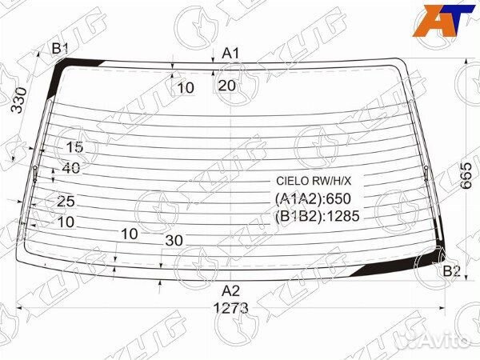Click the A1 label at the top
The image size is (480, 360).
(x=231, y=53)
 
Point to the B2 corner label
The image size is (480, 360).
(x=451, y=271)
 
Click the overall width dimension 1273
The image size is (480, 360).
(x=230, y=307)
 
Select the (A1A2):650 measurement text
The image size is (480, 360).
(x=314, y=198)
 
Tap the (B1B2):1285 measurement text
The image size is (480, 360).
(x=318, y=215)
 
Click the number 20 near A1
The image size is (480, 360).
(x=226, y=86)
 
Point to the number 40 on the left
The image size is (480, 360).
(x=70, y=168)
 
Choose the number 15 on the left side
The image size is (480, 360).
(x=74, y=147)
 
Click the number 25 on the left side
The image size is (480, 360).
(x=66, y=201)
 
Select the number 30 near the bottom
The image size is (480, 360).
(x=174, y=240)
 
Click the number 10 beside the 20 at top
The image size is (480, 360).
(x=186, y=88)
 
